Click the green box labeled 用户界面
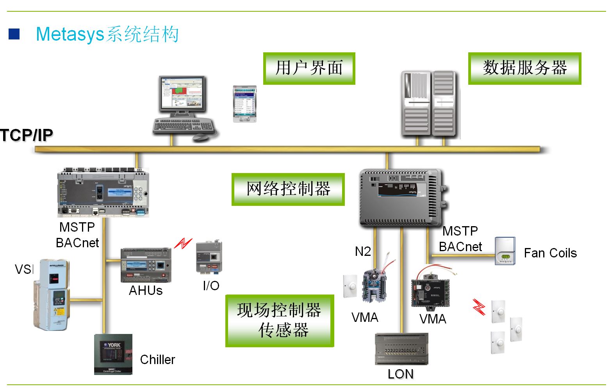point(309,68)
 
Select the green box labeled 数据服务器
point(524,68)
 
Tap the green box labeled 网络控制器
point(288,189)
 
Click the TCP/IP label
point(27,135)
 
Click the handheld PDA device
point(245,104)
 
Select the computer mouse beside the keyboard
point(201,137)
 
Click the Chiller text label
point(157,359)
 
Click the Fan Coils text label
point(550,253)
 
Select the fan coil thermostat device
point(505,251)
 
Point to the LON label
point(400,374)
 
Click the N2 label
point(363,251)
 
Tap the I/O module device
point(209,257)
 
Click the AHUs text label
point(146,291)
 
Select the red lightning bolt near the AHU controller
point(183,243)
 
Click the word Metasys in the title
point(70,34)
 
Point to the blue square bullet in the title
point(14,34)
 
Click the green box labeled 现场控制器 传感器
point(280,321)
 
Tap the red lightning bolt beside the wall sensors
point(479,307)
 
